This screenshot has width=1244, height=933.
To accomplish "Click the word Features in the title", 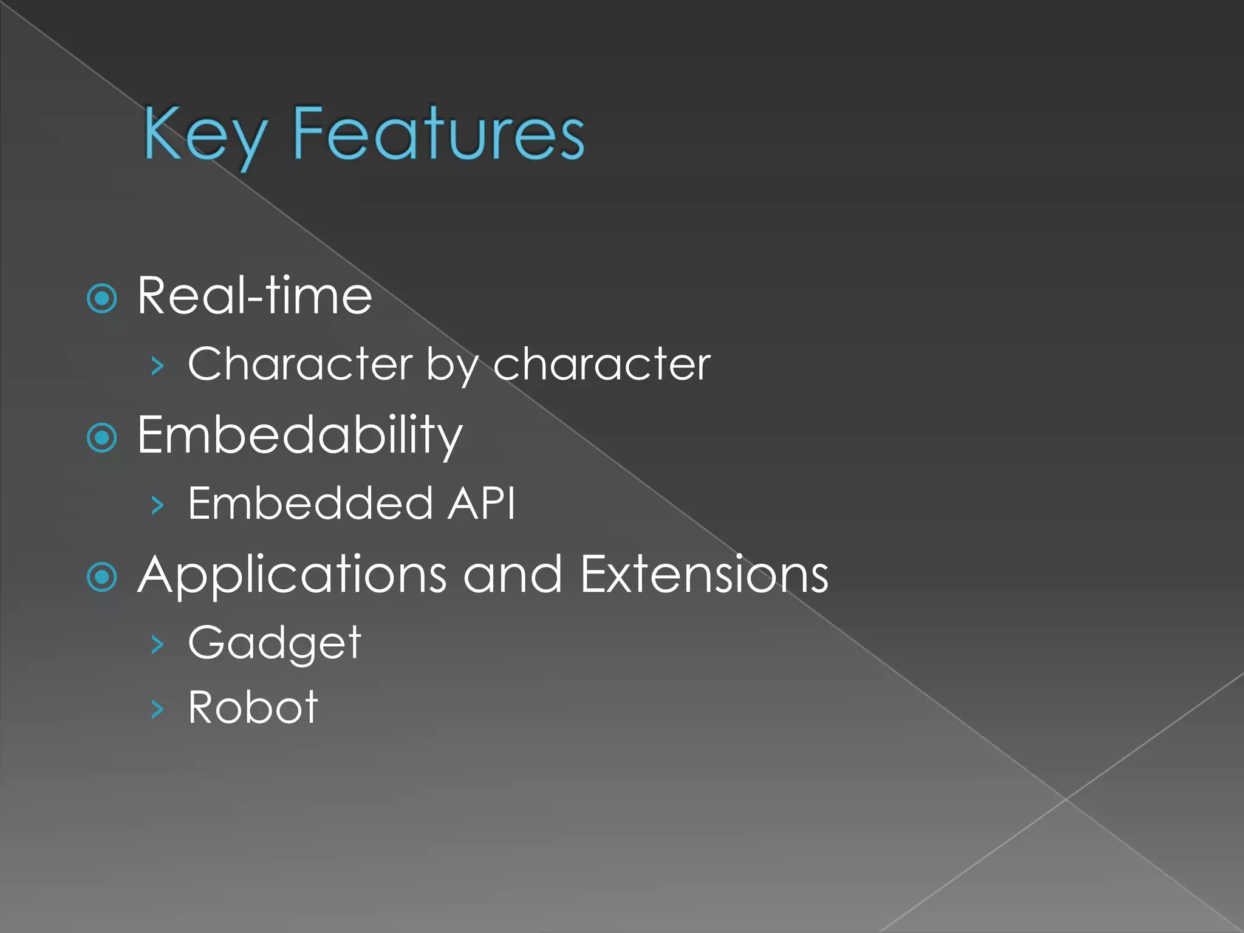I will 438,134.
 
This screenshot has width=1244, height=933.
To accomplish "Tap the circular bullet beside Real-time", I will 102,298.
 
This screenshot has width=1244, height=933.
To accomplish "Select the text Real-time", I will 255,296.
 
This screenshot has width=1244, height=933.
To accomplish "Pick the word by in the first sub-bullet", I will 453,366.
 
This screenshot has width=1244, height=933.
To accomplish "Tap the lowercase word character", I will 601,364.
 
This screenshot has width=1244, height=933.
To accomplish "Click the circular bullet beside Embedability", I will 102,437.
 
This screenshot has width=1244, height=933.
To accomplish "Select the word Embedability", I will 300,436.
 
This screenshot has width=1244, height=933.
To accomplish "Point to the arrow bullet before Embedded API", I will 157,505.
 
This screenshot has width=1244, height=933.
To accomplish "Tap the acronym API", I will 481,504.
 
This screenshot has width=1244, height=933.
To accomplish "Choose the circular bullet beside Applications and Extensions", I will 102,576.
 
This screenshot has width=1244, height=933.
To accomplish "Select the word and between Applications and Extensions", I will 513,575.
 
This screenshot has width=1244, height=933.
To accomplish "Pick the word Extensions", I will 704,575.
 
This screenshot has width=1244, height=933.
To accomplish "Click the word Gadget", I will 275,643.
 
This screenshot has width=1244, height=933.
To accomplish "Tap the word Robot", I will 253,707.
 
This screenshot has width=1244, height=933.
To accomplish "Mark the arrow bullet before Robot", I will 157,709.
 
